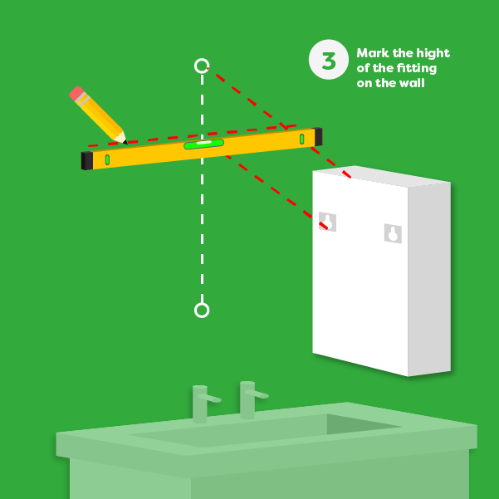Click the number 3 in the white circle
coord(328,60)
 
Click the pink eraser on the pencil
coord(77,94)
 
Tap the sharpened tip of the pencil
coord(124,141)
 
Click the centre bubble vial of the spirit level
coord(203,144)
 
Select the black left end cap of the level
coord(86,160)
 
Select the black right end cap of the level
coord(318,136)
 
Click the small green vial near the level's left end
coord(107,159)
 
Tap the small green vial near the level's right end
coord(301,139)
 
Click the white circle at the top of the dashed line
coord(202,65)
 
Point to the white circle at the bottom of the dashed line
coord(202,310)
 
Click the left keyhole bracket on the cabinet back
coord(328,222)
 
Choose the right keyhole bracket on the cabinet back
coord(393,233)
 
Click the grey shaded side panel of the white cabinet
coord(429,278)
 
